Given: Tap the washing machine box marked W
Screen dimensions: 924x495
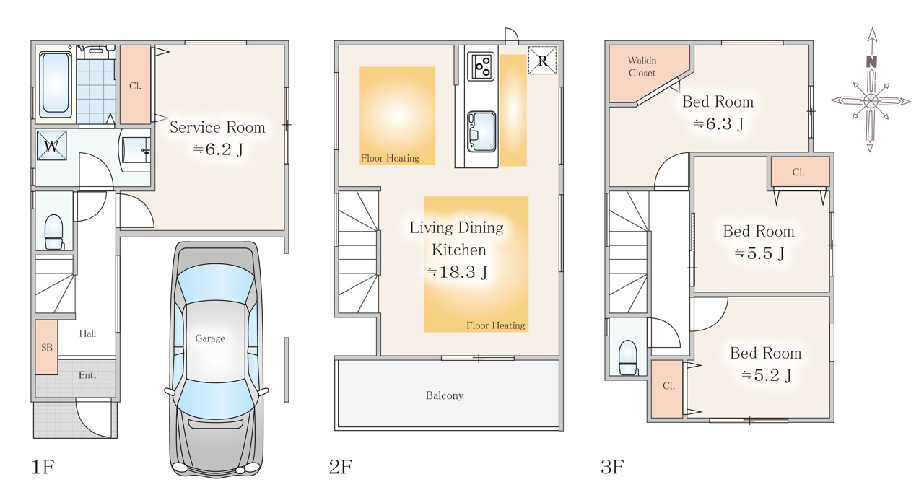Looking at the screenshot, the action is (51, 145).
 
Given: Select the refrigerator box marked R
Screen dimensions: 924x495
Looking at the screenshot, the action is (542, 61).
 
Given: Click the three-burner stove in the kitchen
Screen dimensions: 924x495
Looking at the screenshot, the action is (481, 66).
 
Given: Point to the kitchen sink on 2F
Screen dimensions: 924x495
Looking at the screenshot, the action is (481, 131).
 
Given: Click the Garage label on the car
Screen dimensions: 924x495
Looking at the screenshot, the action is (210, 338).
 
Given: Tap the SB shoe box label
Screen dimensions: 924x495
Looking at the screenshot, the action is (47, 348).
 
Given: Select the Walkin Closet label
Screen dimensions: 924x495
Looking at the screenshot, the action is (642, 67).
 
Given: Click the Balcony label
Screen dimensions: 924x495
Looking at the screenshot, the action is (445, 395).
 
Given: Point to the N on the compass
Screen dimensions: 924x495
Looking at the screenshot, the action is (871, 62).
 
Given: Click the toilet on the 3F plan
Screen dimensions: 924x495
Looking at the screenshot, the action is (628, 357).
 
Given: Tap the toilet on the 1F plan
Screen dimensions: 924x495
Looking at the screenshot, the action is (53, 232).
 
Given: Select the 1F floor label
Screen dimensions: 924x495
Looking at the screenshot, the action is (43, 467).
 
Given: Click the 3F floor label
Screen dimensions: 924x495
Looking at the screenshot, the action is (612, 467).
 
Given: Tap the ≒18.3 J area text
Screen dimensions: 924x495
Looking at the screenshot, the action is (457, 272).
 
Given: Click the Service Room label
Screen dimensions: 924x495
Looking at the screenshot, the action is (217, 128).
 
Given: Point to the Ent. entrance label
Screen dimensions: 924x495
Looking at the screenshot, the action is (87, 375).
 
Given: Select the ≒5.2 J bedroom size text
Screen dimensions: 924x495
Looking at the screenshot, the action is (766, 375).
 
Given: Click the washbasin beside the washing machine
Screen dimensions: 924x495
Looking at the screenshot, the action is (136, 150).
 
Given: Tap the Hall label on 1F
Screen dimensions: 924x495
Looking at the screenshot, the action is (87, 333).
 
